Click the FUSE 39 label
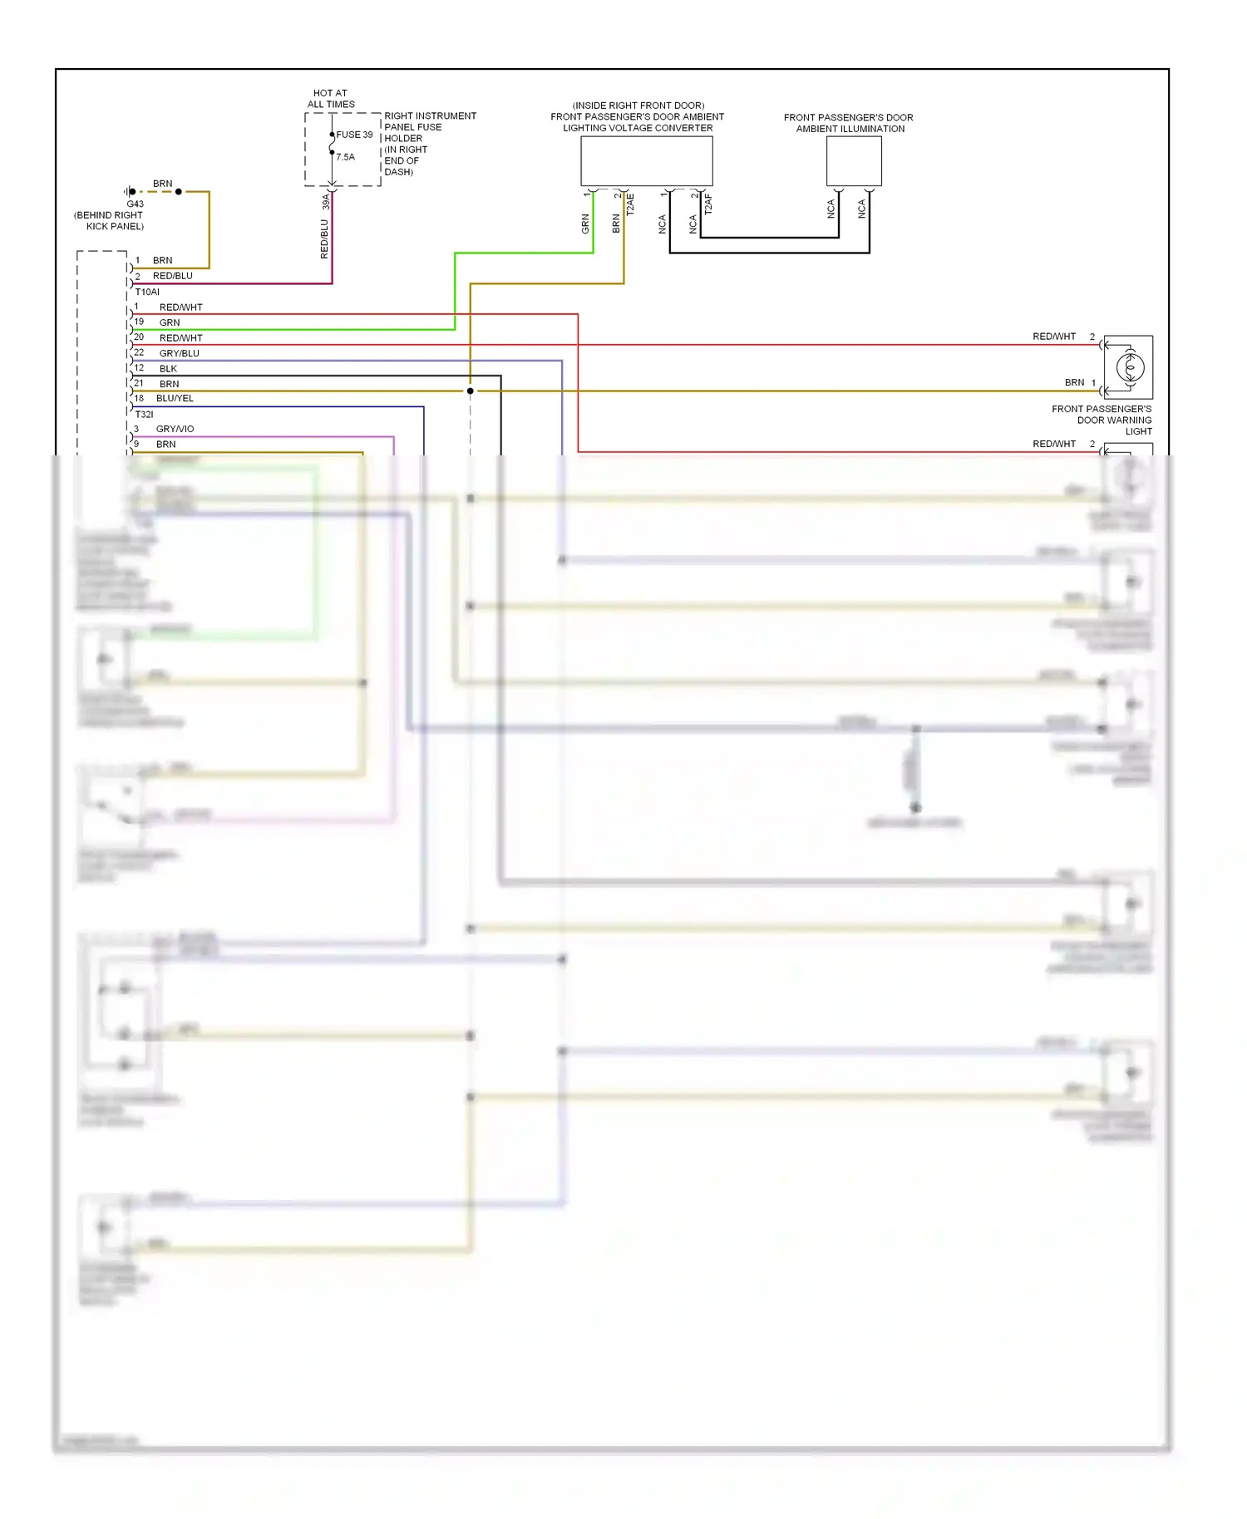tap(354, 135)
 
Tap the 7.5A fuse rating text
tap(346, 157)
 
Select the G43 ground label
tap(135, 204)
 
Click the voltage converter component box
tap(646, 160)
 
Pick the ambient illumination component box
tap(853, 160)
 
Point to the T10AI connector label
tap(147, 292)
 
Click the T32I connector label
tap(145, 414)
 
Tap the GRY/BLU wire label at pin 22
tap(179, 353)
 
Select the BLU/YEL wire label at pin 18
tap(175, 398)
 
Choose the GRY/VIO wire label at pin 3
tap(175, 429)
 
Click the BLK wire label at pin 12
tap(168, 368)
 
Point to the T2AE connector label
tap(630, 204)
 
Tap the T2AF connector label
tap(708, 204)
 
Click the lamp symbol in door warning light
tap(1129, 366)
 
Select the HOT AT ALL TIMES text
tap(331, 99)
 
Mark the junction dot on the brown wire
tap(471, 391)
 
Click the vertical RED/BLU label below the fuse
tap(324, 239)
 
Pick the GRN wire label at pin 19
tap(170, 322)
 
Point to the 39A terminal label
tap(326, 201)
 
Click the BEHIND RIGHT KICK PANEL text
tap(110, 220)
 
